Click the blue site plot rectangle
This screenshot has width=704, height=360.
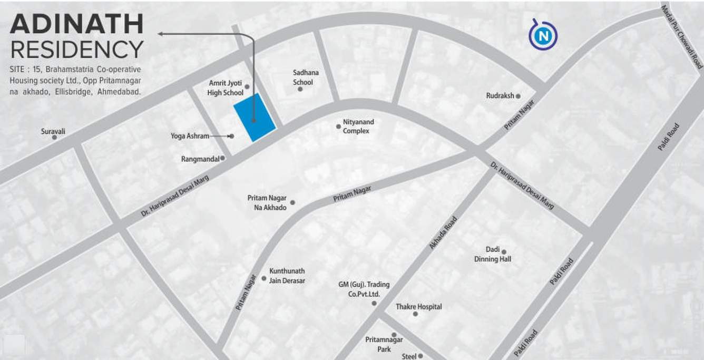click(x=255, y=118)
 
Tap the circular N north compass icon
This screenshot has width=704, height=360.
click(x=542, y=36)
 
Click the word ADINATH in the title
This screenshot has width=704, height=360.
click(x=77, y=24)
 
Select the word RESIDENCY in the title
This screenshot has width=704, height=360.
click(x=77, y=50)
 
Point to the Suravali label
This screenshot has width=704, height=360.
click(x=53, y=131)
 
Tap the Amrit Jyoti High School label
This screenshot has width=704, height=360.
click(x=226, y=88)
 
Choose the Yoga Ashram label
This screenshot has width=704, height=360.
click(x=190, y=136)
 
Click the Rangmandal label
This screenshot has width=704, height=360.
click(x=200, y=159)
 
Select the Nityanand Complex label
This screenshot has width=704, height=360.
click(x=358, y=127)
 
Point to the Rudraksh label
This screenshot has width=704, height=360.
click(x=500, y=96)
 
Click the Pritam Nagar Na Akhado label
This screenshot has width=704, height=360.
click(x=267, y=202)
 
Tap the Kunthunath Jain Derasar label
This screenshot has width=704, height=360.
click(x=287, y=276)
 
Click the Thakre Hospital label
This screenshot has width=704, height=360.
click(x=419, y=307)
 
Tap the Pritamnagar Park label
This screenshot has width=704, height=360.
click(x=384, y=344)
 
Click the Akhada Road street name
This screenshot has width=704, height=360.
click(x=444, y=232)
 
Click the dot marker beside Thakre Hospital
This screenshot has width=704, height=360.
click(x=415, y=314)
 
